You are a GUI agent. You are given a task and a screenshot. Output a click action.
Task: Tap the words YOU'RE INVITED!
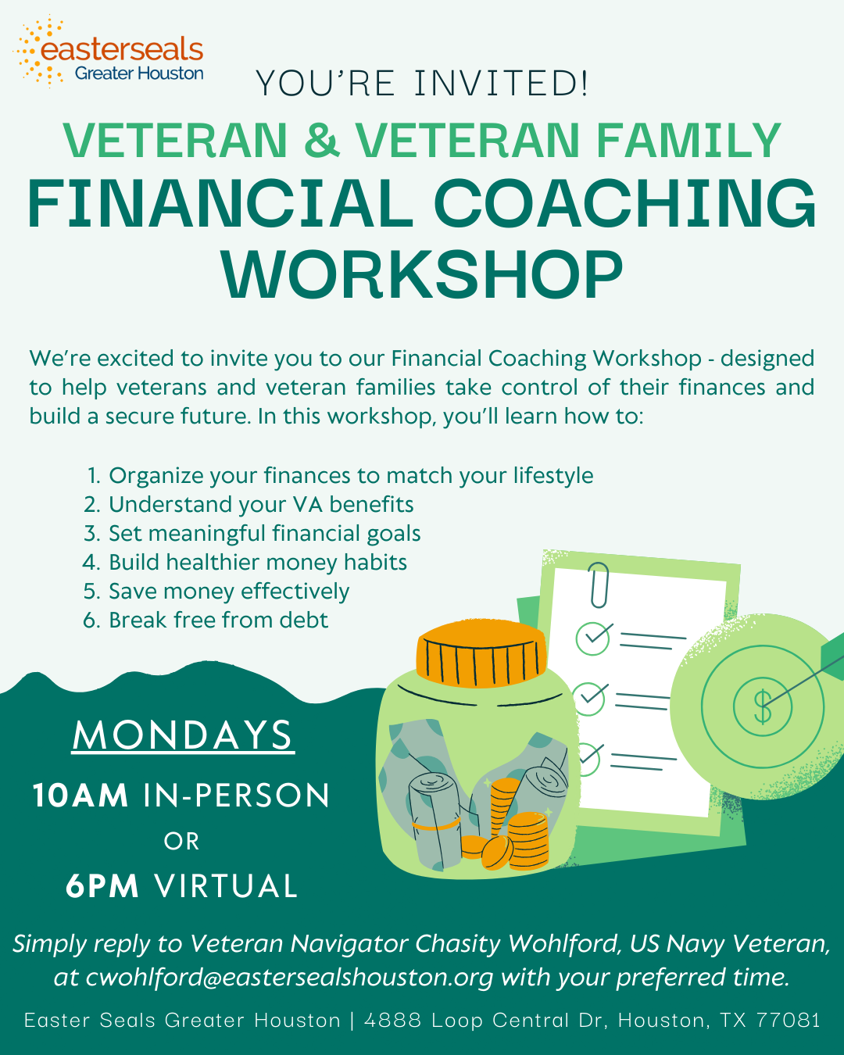[x=422, y=84]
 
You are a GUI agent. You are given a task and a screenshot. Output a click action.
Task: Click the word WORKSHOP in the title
[x=422, y=275]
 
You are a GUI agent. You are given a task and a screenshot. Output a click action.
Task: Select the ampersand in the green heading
[x=321, y=141]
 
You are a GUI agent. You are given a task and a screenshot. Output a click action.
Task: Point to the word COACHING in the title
[x=624, y=205]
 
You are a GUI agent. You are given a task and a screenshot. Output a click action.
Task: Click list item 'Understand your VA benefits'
[x=260, y=505]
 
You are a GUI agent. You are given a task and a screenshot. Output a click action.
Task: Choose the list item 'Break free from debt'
[x=218, y=620]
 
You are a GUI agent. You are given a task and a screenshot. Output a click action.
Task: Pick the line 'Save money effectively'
[x=228, y=592]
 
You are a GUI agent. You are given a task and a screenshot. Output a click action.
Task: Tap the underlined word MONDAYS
[x=183, y=736]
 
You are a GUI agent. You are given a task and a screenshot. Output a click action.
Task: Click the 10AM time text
[x=80, y=796]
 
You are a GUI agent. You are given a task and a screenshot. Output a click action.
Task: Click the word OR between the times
[x=182, y=842]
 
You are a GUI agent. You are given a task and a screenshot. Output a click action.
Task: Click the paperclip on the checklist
[x=599, y=585]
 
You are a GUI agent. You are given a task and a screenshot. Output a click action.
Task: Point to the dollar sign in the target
[x=762, y=706]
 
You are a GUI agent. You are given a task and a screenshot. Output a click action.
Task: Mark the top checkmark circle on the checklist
[x=593, y=638]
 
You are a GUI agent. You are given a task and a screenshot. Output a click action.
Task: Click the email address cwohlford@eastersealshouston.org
[x=290, y=978]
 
